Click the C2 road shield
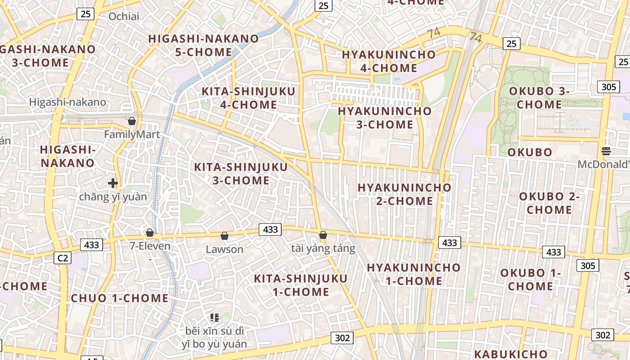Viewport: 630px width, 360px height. tap(63, 258)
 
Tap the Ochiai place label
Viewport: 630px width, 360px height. tap(124, 17)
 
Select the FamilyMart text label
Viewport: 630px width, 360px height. tap(132, 135)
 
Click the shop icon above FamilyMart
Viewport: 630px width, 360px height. tap(132, 121)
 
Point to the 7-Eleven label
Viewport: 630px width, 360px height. tap(150, 246)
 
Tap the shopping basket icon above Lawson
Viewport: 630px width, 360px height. tap(225, 236)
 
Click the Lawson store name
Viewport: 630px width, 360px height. tap(225, 249)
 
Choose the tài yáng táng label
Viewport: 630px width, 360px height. tap(323, 248)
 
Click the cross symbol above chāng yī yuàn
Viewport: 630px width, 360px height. tap(113, 183)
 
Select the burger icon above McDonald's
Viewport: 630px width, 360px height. tap(606, 151)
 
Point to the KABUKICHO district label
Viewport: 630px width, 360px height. tap(511, 354)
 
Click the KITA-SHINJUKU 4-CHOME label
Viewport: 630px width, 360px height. tap(248, 98)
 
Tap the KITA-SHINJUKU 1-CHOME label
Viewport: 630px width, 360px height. tap(301, 285)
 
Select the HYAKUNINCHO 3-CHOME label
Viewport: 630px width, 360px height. tap(385, 117)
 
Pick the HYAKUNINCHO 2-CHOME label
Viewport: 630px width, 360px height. tap(405, 194)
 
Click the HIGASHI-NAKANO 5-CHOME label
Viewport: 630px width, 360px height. tap(203, 45)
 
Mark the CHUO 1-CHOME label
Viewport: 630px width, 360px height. tap(120, 298)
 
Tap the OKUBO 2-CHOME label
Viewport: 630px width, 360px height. tap(549, 203)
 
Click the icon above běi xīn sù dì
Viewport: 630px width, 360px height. tap(215, 318)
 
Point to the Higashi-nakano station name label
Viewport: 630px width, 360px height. tap(67, 102)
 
